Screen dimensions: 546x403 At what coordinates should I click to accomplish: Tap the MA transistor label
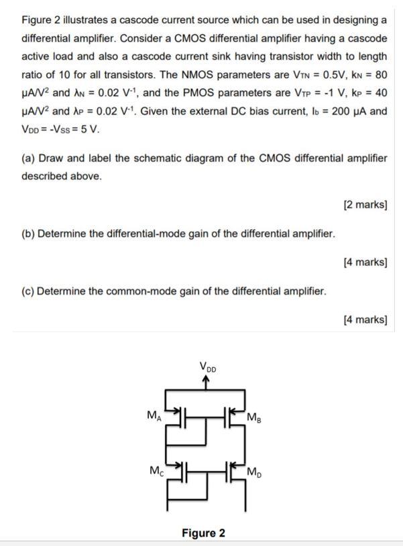click(x=154, y=415)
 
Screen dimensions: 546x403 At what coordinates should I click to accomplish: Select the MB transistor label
click(x=255, y=419)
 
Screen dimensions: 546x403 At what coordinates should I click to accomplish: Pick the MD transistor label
click(x=255, y=474)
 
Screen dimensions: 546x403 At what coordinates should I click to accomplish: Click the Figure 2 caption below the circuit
click(x=203, y=533)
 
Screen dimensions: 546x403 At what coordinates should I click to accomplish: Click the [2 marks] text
click(x=365, y=204)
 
